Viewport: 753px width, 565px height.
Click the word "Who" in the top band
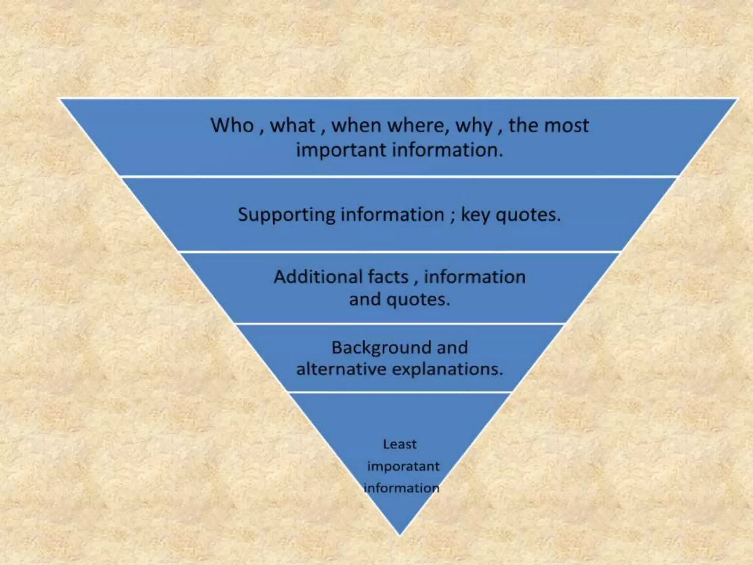coord(232,125)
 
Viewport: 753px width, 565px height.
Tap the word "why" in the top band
coord(474,126)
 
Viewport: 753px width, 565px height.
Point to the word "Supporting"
coord(286,215)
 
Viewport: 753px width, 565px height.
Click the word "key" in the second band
coord(475,215)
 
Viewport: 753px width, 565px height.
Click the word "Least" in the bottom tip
coord(400,444)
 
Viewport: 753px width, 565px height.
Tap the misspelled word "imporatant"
coord(403,466)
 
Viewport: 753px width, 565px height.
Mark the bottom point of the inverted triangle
coord(400,534)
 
